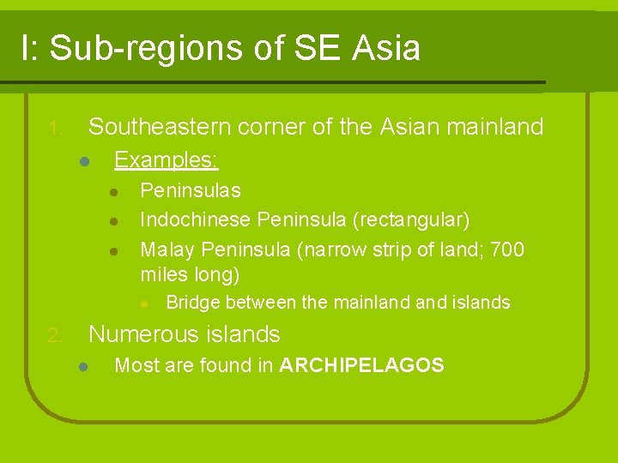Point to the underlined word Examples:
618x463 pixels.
[167, 160]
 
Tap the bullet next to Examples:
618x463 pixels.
[83, 161]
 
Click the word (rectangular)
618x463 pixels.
[410, 220]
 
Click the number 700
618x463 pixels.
[508, 250]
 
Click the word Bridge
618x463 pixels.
[193, 303]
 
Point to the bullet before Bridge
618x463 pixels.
[145, 303]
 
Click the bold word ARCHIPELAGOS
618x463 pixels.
[361, 366]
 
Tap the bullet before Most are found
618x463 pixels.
[83, 367]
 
